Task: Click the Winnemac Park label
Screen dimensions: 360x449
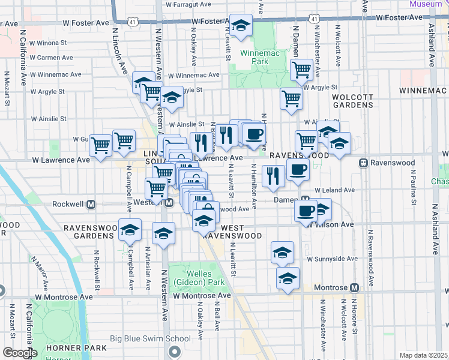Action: click(253, 57)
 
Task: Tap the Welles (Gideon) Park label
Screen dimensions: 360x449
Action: click(191, 278)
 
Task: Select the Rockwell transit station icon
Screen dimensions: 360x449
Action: click(92, 203)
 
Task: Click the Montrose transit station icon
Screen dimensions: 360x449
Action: click(355, 287)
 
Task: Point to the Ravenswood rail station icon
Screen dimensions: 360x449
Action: click(363, 163)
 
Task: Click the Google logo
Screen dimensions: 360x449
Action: click(19, 353)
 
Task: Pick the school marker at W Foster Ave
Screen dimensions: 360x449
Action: click(241, 25)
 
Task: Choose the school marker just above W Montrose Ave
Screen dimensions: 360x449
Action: click(288, 279)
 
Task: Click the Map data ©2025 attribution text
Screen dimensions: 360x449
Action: click(423, 355)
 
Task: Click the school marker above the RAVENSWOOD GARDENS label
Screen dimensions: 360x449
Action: click(130, 229)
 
